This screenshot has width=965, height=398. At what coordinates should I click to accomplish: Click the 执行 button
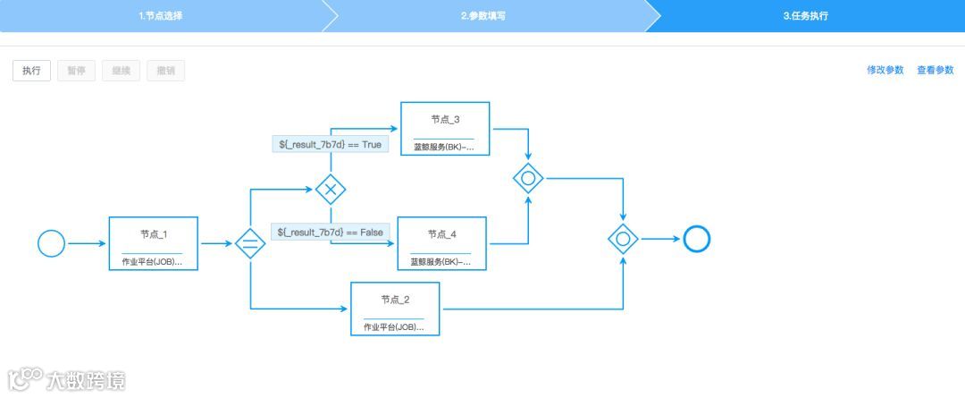point(31,71)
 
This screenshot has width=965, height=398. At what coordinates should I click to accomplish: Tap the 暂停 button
point(76,71)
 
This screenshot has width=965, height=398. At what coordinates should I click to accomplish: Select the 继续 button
point(121,71)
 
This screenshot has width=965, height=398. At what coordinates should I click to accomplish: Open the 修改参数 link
point(885,70)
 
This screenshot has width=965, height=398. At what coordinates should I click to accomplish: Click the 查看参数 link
point(935,70)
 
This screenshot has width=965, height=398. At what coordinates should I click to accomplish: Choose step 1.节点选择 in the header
point(161,16)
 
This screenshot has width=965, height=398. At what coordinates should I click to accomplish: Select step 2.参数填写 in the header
point(482,16)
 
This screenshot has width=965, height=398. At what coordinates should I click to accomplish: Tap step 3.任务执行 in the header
point(805,16)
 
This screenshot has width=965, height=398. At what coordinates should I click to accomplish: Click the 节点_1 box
point(153,243)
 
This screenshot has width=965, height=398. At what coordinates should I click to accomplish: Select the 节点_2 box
point(395,309)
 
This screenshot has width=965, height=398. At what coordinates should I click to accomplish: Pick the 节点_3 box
point(445,129)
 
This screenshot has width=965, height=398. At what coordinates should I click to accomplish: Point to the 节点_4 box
point(441,243)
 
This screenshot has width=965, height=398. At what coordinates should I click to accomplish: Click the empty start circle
point(52,243)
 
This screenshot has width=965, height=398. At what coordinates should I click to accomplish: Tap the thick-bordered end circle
point(696,239)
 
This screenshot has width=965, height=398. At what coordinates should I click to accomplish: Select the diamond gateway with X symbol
point(331,190)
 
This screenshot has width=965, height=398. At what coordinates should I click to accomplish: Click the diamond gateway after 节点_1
point(250,243)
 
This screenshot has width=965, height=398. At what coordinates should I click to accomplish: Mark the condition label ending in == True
point(330,144)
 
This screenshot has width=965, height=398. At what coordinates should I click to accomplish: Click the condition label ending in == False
point(331,232)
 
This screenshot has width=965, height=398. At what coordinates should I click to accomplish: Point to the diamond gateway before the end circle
point(623,239)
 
